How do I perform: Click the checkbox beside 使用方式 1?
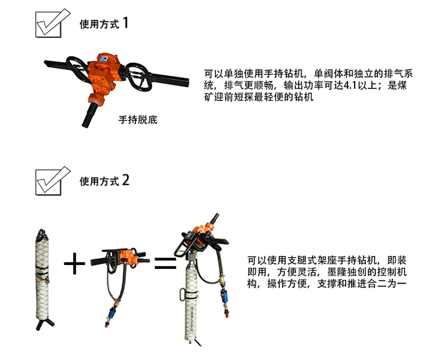pos(49,25)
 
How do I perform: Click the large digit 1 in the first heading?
pos(126,22)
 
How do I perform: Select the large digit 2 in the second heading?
pos(126,181)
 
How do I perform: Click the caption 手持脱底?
pos(138,120)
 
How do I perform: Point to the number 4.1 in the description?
pos(351,85)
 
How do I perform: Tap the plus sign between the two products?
pos(74,264)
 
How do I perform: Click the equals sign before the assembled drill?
pos(165,263)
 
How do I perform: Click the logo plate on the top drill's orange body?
pos(102,59)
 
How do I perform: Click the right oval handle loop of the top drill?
pos(139,76)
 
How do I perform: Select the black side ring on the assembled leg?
pos(183,295)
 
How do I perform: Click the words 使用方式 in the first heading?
pos(99,24)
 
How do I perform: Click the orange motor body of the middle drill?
pos(128,258)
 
